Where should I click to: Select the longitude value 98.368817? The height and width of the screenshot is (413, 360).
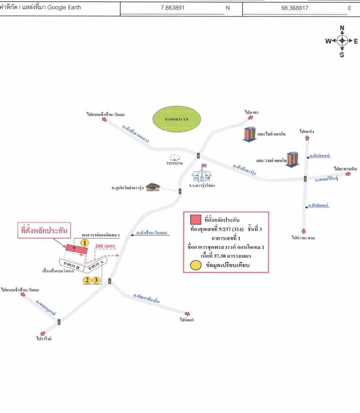294,7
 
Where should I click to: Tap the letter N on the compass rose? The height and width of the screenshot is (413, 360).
342,28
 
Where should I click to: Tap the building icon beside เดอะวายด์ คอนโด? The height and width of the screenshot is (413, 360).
292,159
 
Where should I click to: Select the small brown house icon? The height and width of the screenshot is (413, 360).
152,187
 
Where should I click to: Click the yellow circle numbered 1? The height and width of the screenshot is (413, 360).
85,242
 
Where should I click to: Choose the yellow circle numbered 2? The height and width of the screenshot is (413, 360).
87,281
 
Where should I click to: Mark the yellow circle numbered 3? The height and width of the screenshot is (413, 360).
96,281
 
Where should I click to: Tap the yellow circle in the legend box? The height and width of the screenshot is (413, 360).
196,265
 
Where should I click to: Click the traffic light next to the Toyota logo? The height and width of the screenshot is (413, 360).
198,155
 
